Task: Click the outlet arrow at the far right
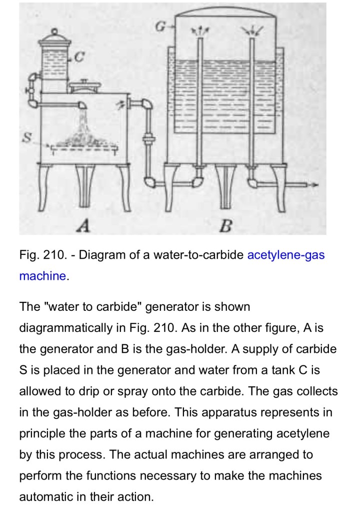coord(312,185)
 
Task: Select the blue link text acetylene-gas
coord(285,255)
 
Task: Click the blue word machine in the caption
coord(42,276)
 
